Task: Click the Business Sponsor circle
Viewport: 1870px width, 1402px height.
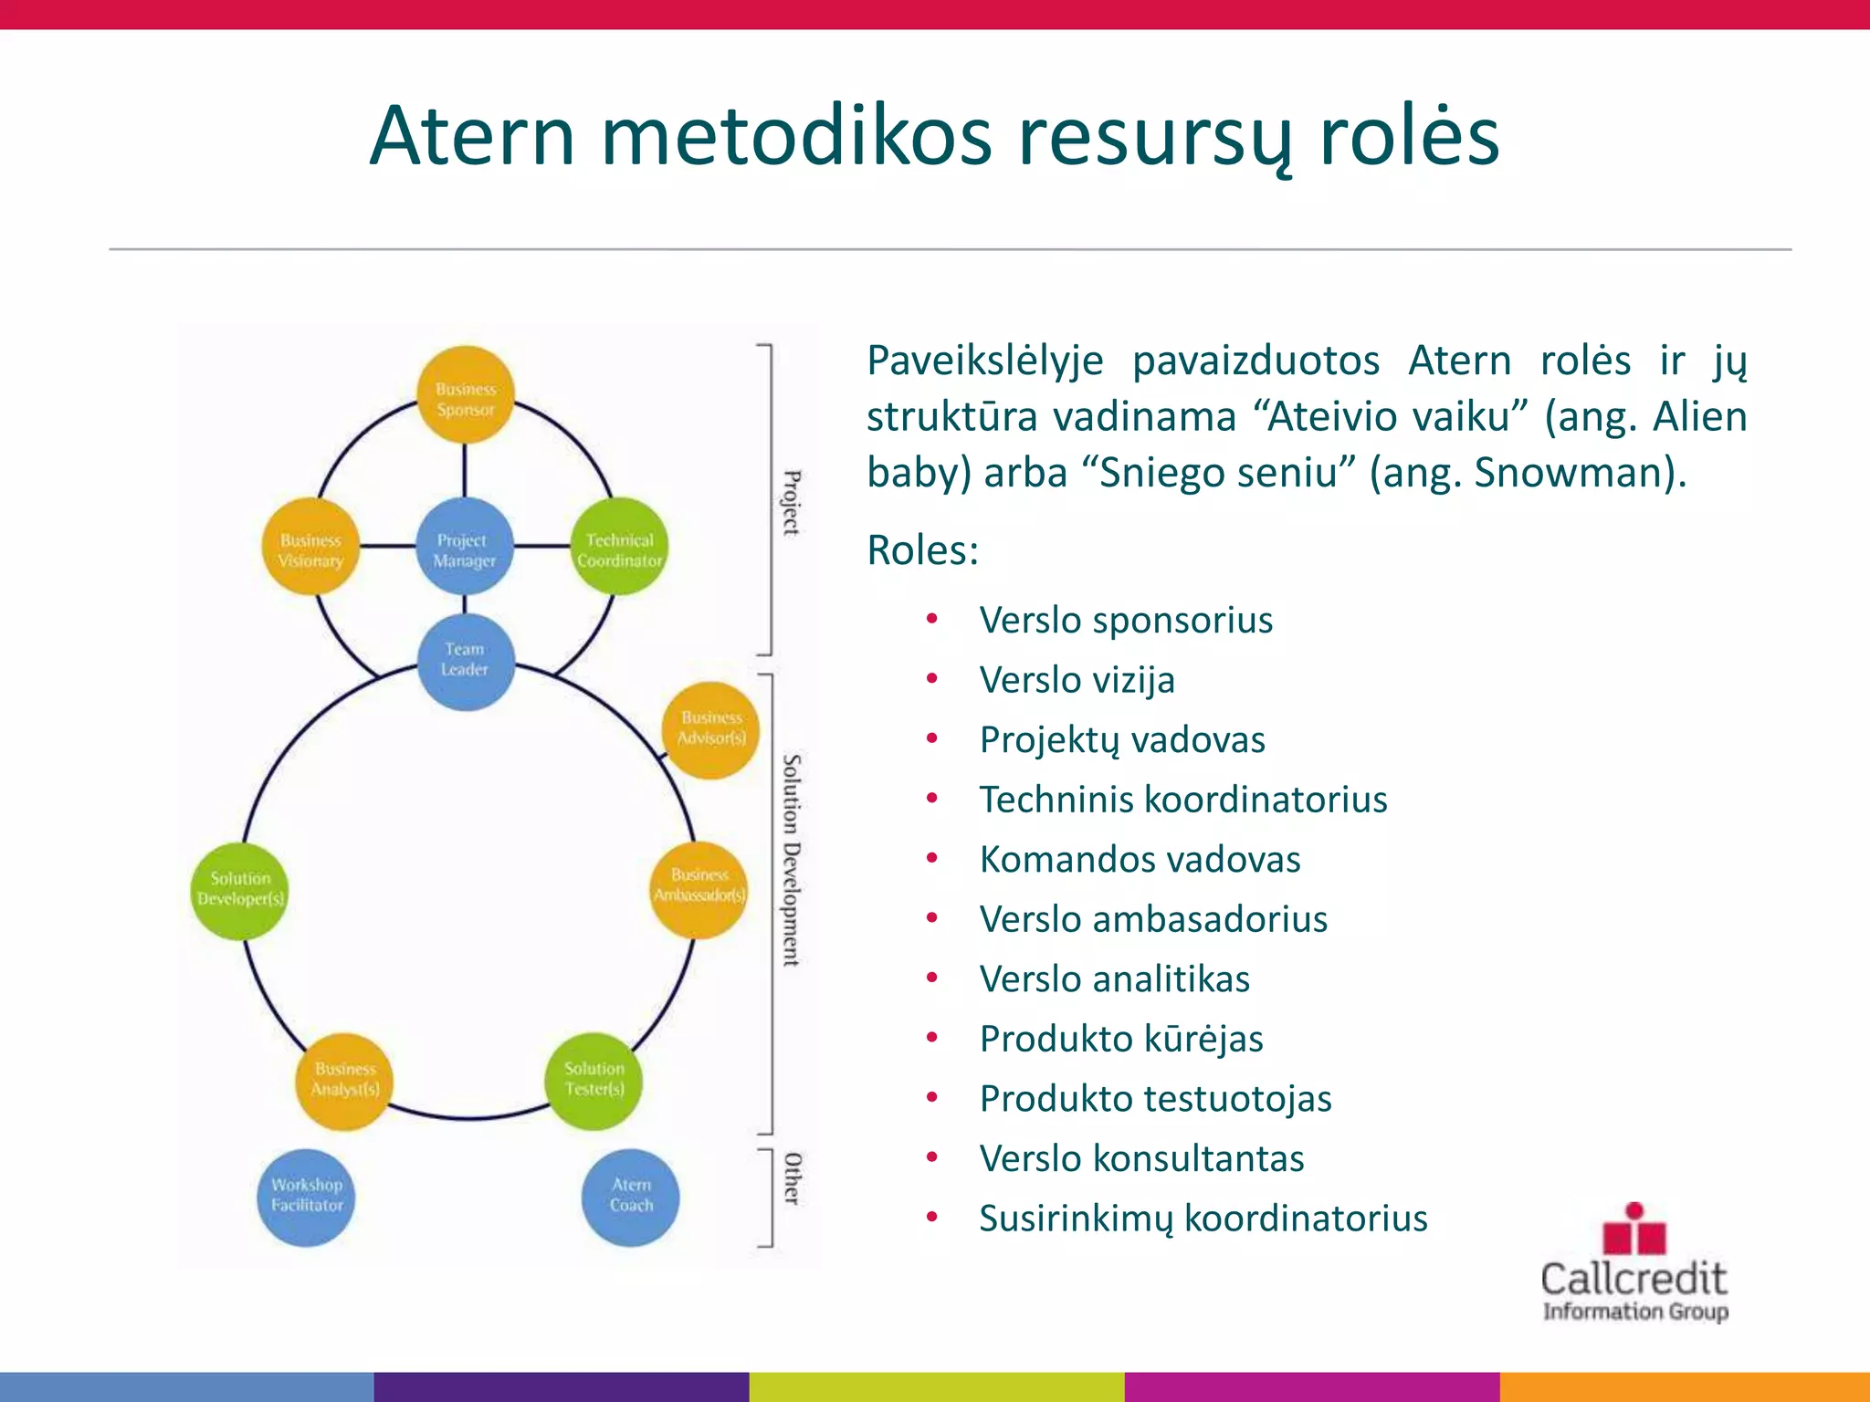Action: point(466,395)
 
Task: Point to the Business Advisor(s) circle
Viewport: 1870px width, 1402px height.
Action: point(710,729)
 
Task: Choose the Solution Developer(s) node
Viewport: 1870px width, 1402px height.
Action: point(240,890)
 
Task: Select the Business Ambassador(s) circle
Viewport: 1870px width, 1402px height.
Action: point(699,888)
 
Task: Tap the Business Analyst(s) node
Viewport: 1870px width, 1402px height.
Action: point(344,1081)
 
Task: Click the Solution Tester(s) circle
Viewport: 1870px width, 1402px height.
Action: point(594,1081)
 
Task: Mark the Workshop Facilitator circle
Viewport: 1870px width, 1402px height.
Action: point(306,1197)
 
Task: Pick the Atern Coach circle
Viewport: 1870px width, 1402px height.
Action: point(630,1197)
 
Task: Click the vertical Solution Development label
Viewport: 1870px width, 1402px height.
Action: point(792,859)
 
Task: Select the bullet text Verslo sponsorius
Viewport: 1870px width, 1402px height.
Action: point(1125,621)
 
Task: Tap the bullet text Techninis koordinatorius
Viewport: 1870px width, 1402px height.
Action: point(1182,800)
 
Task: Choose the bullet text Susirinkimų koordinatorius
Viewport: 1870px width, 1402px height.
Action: point(1203,1219)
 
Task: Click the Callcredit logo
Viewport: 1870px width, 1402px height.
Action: point(1634,1264)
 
